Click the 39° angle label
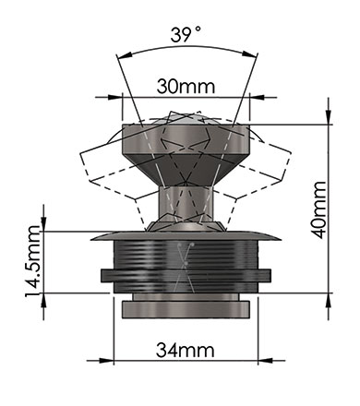186,34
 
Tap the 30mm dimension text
186,87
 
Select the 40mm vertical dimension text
319,209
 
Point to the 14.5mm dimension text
32,261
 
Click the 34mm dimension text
186,350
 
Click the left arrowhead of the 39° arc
125,55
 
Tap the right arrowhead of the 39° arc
249,54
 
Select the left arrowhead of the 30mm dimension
115,98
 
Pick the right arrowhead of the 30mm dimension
257,98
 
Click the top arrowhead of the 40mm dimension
329,117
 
